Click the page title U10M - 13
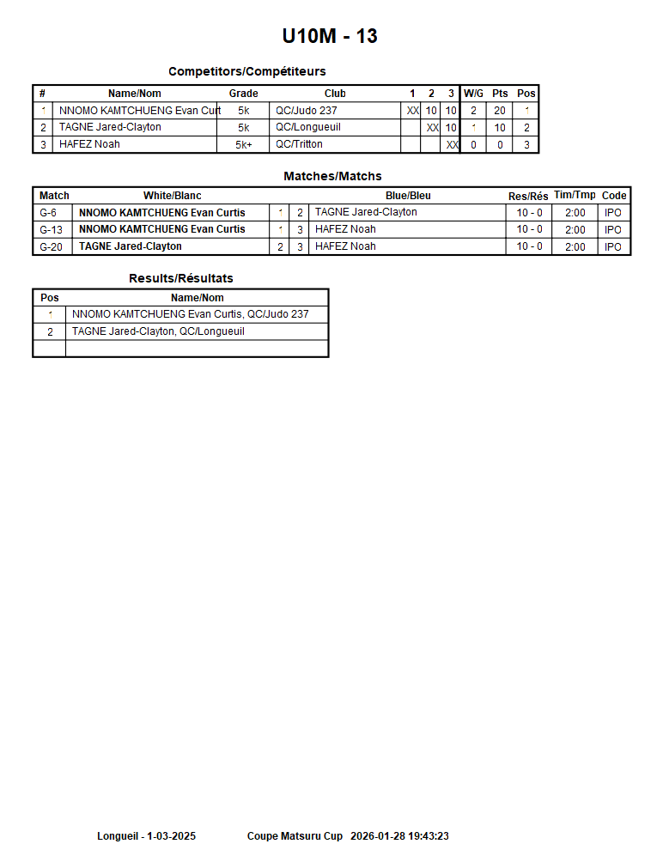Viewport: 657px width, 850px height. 330,36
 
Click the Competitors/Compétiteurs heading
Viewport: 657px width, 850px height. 246,71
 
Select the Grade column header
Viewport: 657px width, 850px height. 243,94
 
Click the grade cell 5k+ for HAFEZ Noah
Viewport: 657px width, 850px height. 243,145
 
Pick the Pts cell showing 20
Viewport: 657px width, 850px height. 500,111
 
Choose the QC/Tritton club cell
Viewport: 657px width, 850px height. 299,144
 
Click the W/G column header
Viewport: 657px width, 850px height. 473,94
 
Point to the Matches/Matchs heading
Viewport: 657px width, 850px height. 332,176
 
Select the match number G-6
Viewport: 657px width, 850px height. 49,213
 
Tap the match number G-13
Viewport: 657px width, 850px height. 52,229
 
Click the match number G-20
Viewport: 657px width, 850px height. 52,246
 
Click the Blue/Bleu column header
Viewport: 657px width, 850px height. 408,196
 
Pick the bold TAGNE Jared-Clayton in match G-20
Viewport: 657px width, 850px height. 130,246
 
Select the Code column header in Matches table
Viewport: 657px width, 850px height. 614,196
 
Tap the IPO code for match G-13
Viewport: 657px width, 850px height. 612,229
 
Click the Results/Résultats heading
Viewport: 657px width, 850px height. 180,278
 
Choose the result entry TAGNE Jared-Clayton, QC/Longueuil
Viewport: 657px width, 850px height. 158,331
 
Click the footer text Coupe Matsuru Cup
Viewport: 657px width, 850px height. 295,836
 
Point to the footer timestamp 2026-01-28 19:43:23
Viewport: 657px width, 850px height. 399,836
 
